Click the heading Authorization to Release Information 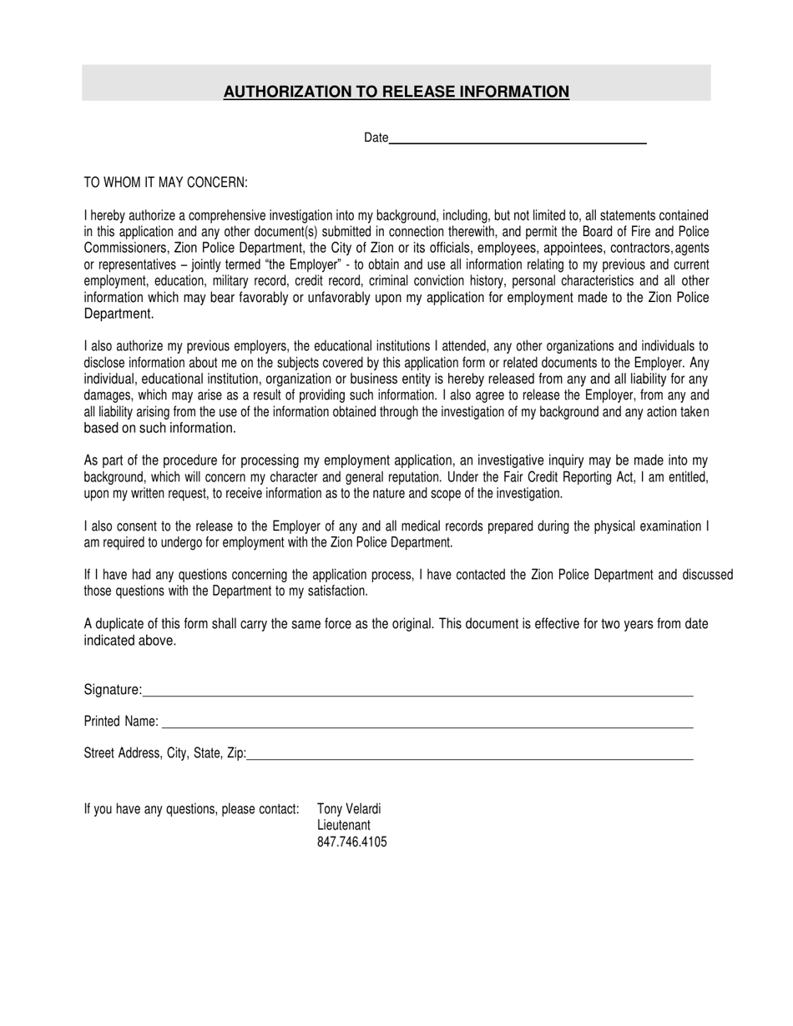coord(396,92)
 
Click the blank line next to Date coord(518,138)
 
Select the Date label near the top coord(376,138)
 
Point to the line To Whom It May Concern coord(166,183)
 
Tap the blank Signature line coord(417,690)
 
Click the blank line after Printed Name coord(426,722)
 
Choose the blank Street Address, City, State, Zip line coord(470,754)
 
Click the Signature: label coord(113,690)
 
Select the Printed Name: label coord(121,722)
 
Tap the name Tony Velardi coord(349,809)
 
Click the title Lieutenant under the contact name coord(344,826)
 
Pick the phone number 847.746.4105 coord(352,842)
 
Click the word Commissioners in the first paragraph coord(121,249)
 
